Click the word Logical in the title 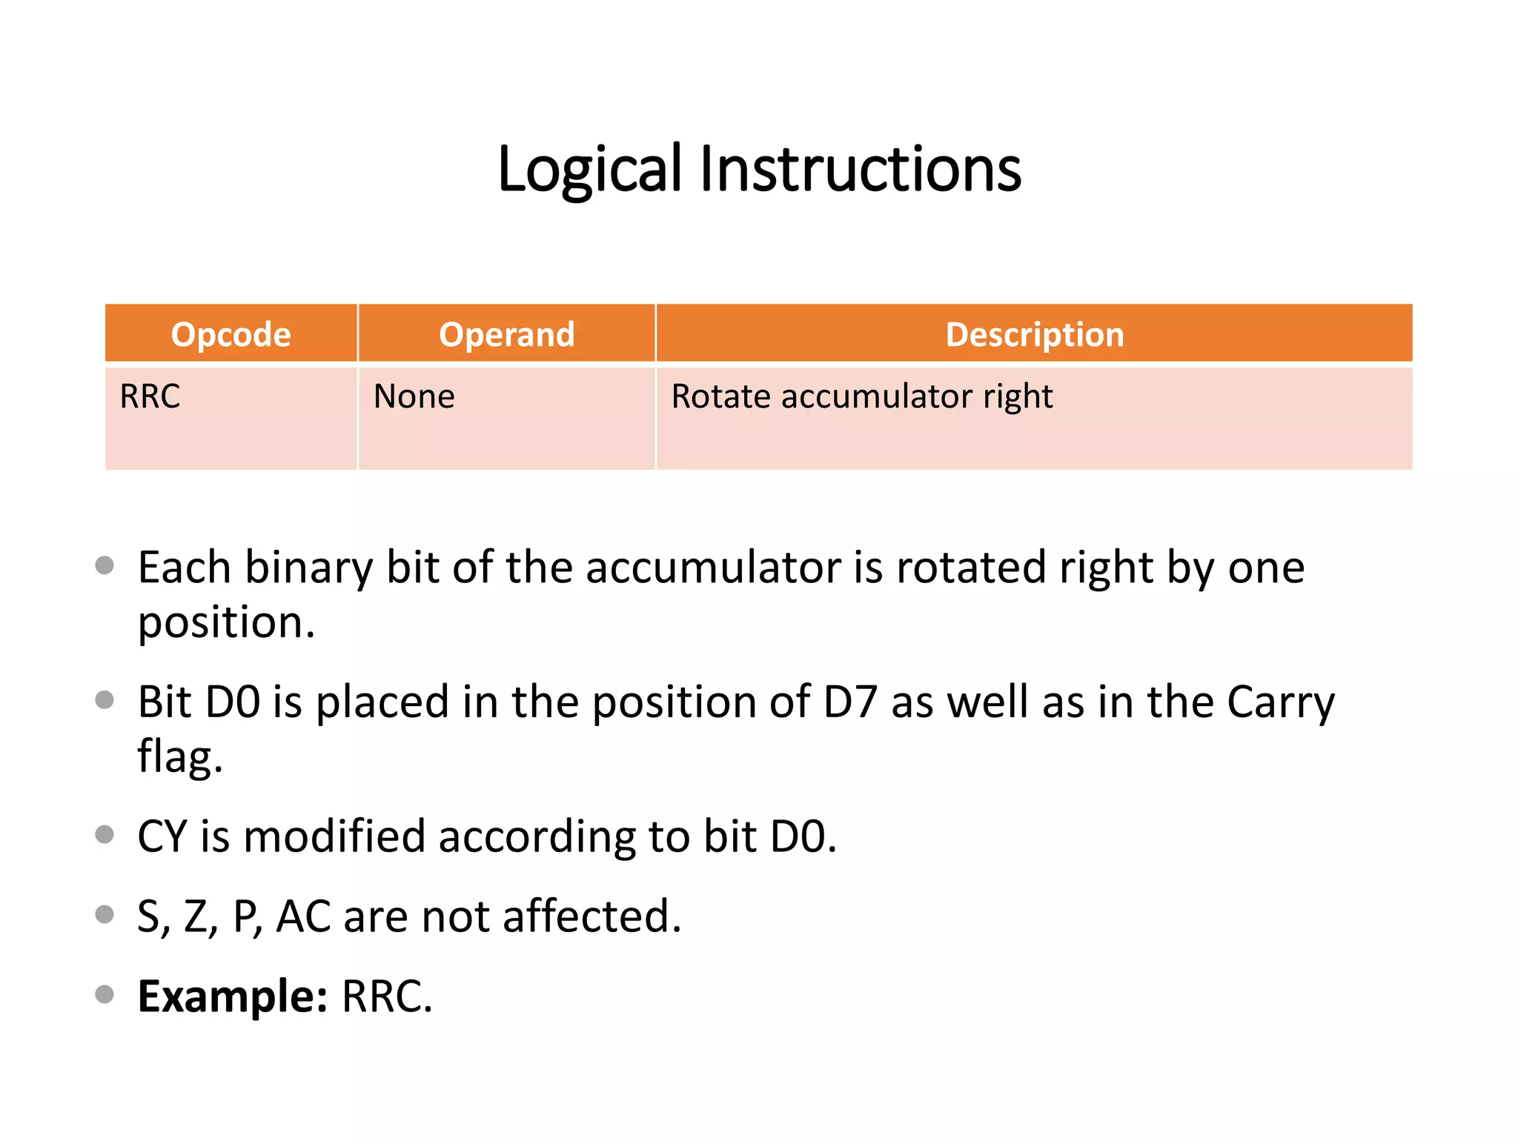589,170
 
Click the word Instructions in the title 860,170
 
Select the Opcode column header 231,335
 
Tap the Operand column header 506,335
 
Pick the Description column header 1034,335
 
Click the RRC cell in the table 150,396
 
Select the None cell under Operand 414,396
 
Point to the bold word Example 232,996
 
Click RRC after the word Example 385,996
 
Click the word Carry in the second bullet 1280,702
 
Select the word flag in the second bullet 179,757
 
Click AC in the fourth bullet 303,916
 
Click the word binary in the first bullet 308,568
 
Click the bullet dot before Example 105,994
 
